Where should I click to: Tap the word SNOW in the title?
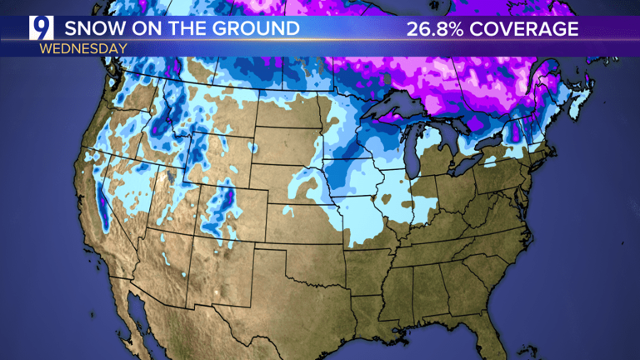click(90, 28)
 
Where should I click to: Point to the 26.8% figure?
click(436, 28)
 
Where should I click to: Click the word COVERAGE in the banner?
click(525, 28)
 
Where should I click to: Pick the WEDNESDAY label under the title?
click(82, 48)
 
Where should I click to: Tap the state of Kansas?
click(305, 222)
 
